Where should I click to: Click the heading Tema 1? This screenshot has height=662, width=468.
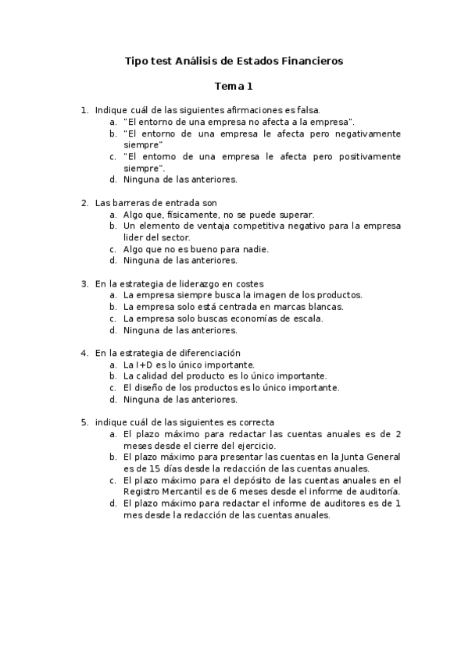pos(234,87)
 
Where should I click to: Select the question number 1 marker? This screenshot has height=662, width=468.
pos(84,111)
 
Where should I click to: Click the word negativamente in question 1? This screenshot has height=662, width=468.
pos(366,134)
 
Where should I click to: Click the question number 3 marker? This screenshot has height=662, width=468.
pos(84,284)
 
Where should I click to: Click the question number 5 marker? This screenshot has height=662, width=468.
pos(84,422)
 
